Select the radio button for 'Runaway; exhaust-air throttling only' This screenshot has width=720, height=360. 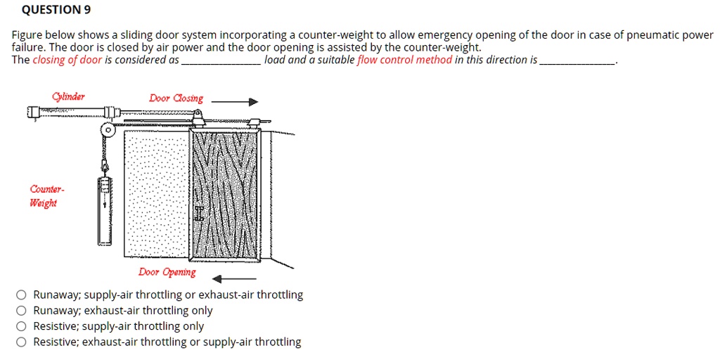click(x=22, y=311)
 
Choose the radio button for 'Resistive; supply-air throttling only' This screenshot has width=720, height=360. click(x=22, y=326)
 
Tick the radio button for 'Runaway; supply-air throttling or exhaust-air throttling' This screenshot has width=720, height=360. click(x=22, y=295)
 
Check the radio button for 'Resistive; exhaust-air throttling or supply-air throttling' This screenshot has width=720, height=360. click(x=22, y=342)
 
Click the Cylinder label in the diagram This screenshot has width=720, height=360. click(x=68, y=97)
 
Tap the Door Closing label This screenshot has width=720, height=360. click(x=176, y=98)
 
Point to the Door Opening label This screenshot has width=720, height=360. click(x=167, y=272)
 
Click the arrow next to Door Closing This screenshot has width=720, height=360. click(x=235, y=102)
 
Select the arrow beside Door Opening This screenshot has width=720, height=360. click(x=234, y=278)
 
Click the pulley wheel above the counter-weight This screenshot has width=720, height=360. click(x=108, y=130)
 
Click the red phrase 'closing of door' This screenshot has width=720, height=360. click(x=67, y=60)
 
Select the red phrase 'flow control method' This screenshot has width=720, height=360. click(x=404, y=60)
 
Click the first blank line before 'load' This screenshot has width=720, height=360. click(x=221, y=62)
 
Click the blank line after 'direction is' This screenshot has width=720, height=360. click(x=577, y=62)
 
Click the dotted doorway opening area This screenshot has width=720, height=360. click(x=156, y=190)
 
